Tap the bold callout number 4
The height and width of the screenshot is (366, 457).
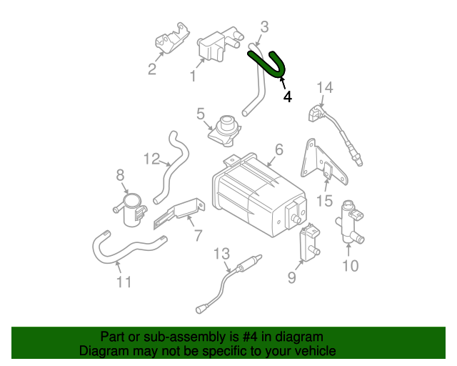(x=287, y=97)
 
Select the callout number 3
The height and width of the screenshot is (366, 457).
(x=264, y=28)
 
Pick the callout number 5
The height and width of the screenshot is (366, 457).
(x=201, y=114)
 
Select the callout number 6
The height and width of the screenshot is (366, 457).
(x=278, y=149)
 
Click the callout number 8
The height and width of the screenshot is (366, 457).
(x=120, y=174)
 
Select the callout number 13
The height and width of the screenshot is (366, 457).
(x=222, y=253)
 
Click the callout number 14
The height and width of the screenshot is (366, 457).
(x=325, y=88)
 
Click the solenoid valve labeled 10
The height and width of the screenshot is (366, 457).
(x=352, y=218)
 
